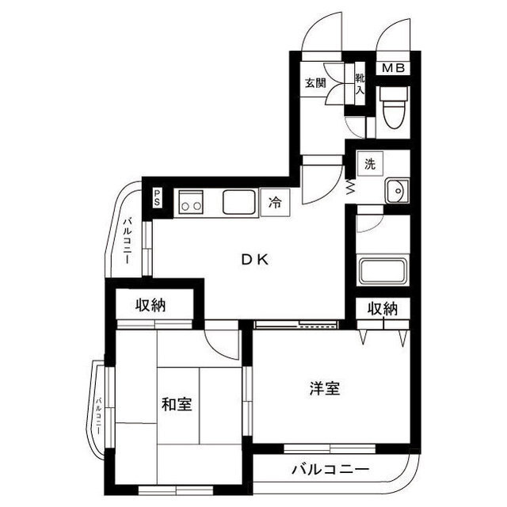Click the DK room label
pos(256,258)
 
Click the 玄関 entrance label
pos(315,82)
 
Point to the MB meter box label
pos(394,68)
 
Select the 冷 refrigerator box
pos(274,202)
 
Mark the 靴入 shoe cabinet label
pos(360,83)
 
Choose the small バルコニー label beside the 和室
pos(99,412)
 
